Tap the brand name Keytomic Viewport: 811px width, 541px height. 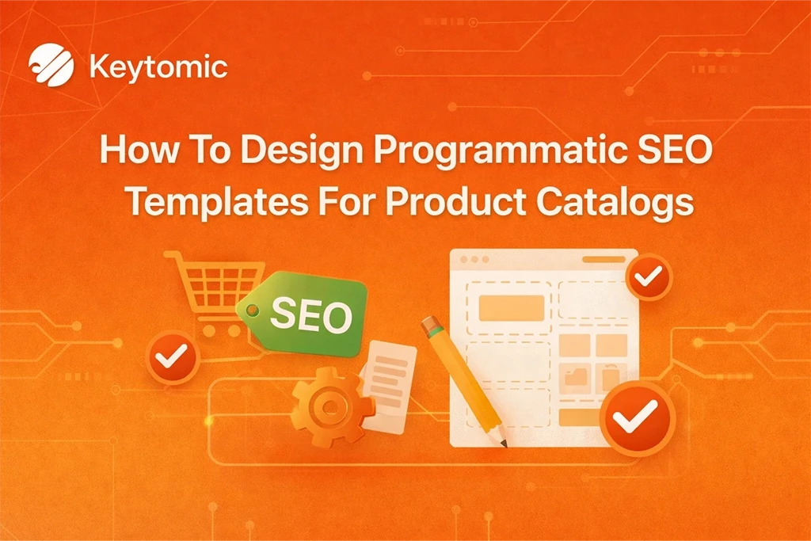pos(158,67)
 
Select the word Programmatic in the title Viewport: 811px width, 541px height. pos(469,150)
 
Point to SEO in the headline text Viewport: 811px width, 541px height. pos(665,150)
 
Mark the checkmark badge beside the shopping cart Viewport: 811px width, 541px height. pos(169,357)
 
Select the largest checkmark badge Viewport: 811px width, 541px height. pos(637,417)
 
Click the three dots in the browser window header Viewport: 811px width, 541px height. pos(474,260)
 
